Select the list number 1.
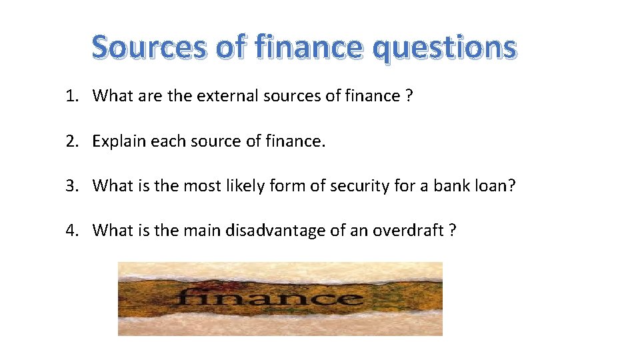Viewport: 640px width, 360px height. click(71, 96)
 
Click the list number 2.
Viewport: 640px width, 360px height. click(71, 141)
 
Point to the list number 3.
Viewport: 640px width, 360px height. click(71, 185)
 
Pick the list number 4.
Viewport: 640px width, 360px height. click(71, 231)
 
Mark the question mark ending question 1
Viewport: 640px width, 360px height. click(409, 96)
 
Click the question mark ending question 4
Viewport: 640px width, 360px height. click(453, 231)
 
